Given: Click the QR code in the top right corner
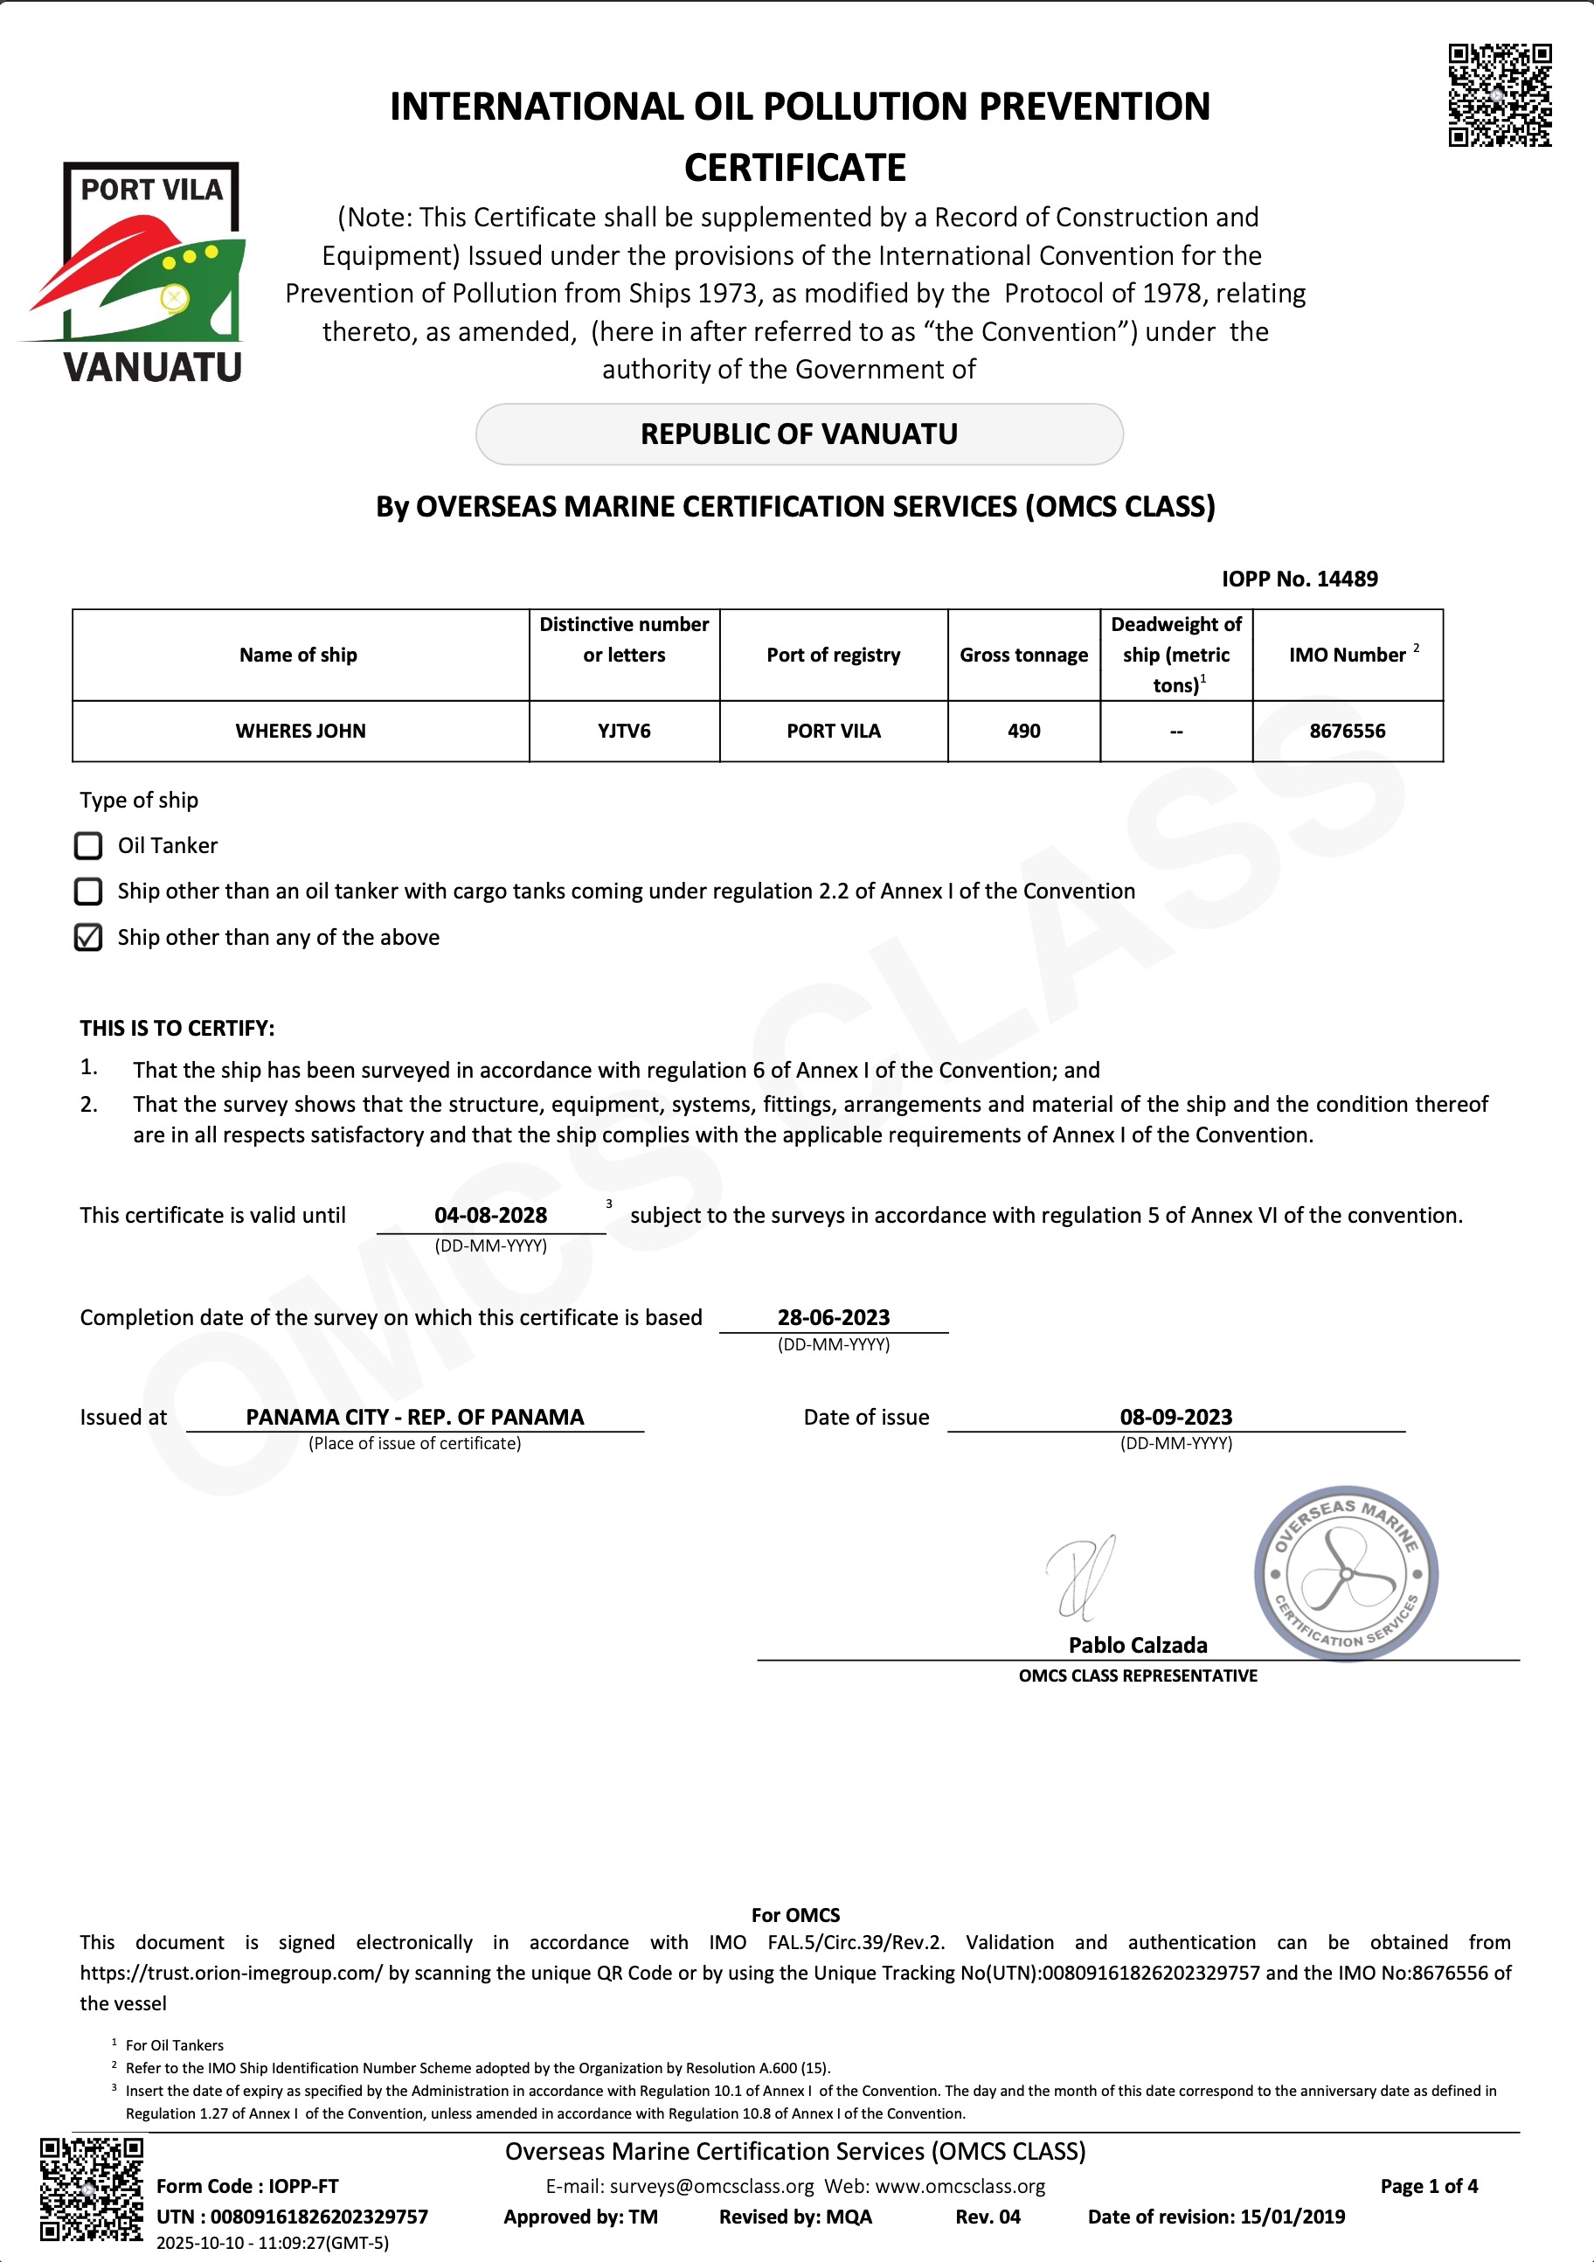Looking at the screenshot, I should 1500,95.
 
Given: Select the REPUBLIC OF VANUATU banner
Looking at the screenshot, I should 799,434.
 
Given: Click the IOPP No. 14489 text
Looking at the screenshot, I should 1299,579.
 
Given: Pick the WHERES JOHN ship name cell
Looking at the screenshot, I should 301,731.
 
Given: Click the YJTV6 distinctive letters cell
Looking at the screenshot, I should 624,731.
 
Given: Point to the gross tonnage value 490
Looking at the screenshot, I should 1023,731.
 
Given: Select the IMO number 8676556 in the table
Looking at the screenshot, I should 1347,731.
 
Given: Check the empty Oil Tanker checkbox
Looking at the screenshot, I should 88,845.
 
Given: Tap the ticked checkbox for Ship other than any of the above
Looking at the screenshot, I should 88,937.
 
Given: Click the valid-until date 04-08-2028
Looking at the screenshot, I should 490,1216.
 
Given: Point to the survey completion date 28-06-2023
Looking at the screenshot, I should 834,1318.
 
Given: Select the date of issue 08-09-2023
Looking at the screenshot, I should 1175,1418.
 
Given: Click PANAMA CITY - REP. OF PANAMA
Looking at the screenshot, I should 415,1418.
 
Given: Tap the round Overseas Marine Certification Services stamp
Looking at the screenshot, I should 1346,1573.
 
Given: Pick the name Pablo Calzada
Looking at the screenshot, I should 1138,1645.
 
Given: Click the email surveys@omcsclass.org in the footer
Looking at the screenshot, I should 711,2186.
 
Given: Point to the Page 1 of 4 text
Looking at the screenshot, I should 1429,2186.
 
